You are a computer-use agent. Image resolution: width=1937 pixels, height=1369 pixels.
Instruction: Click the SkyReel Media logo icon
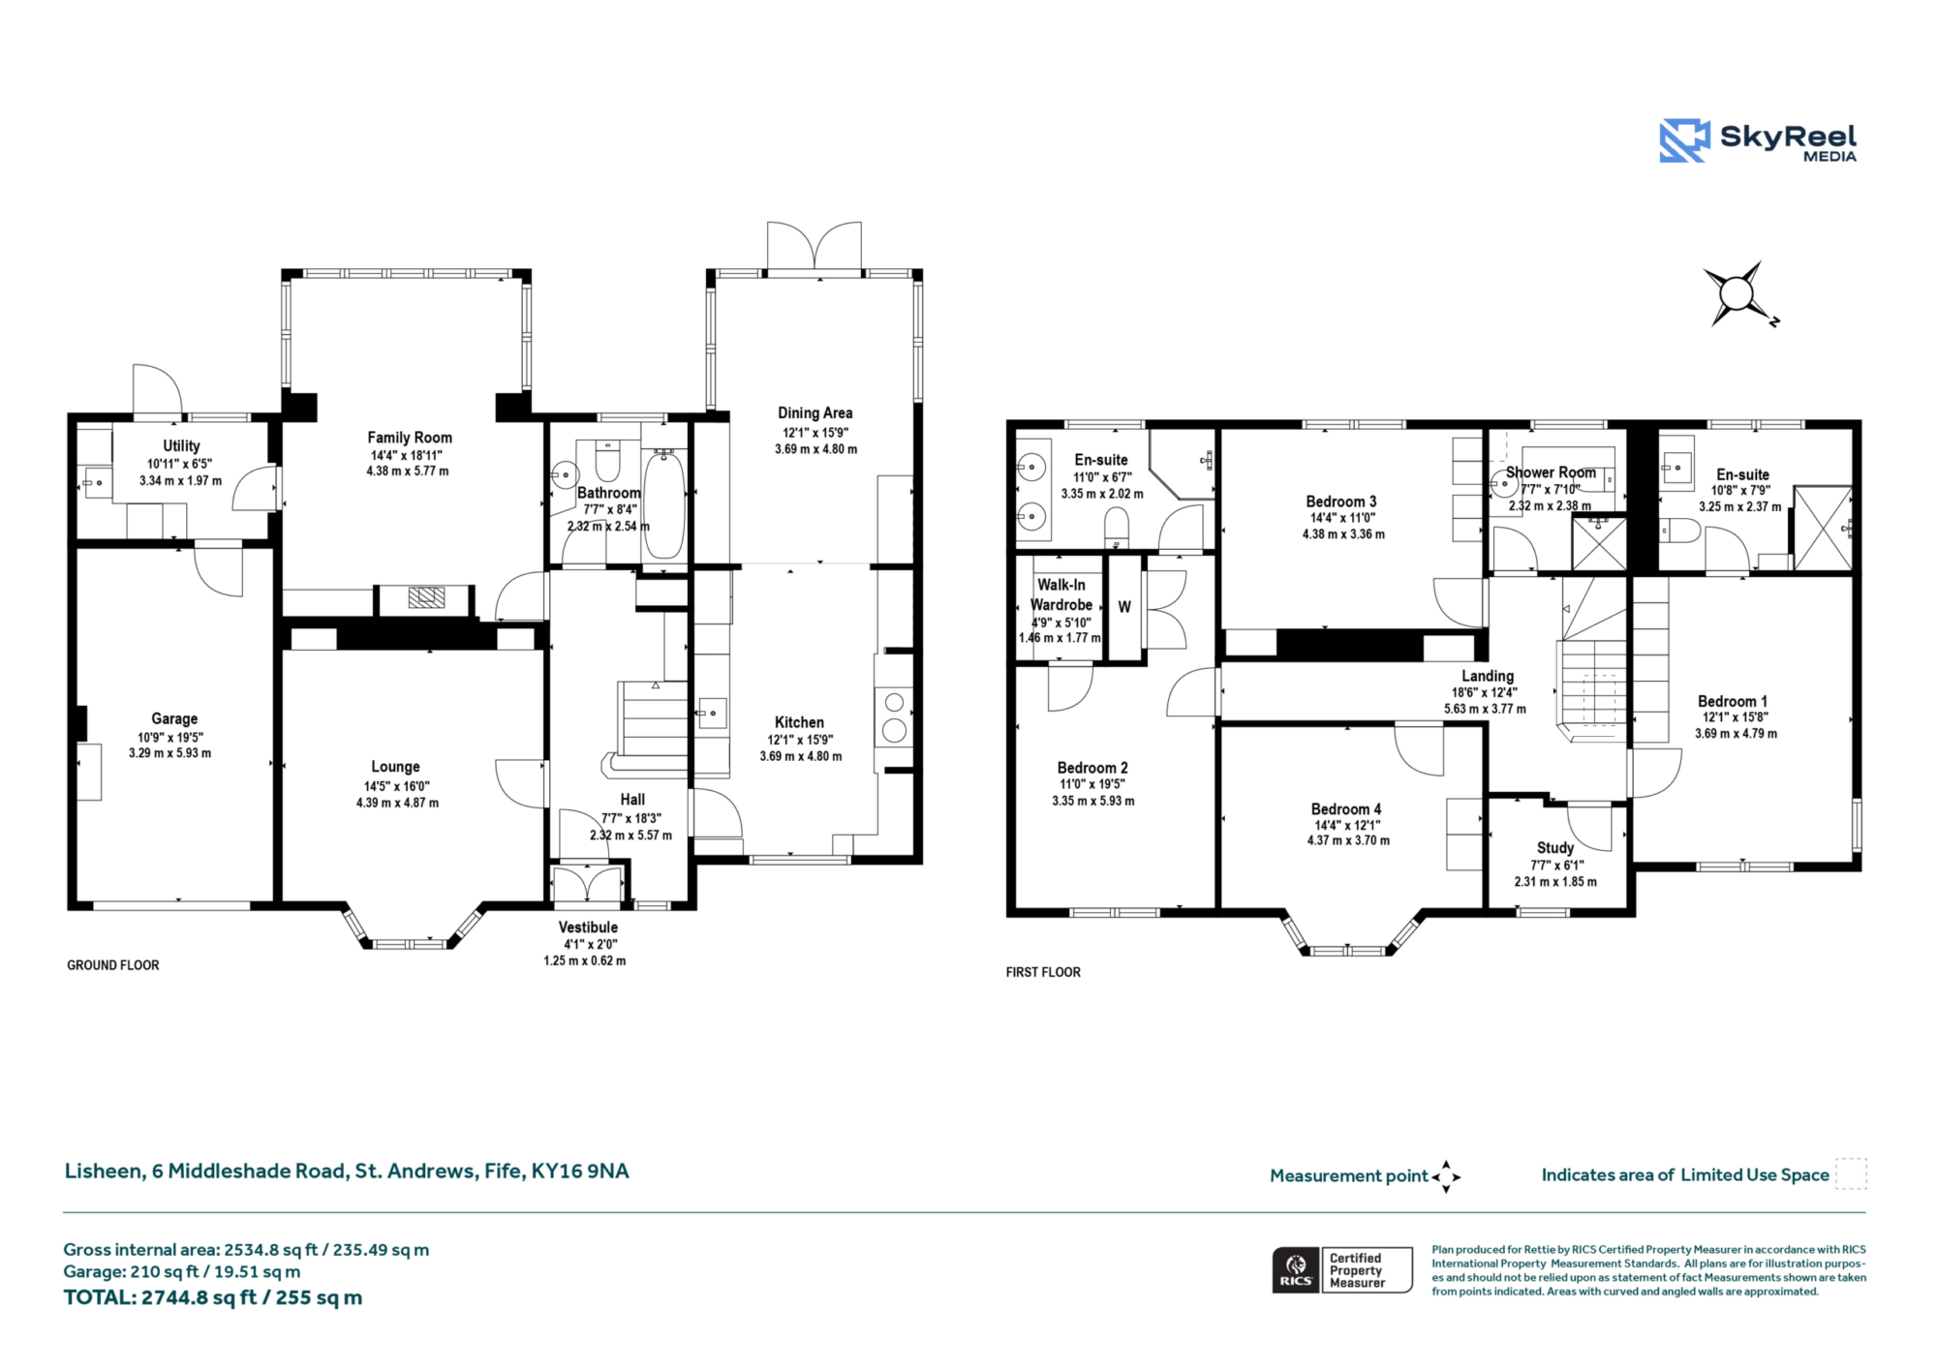coord(1684,140)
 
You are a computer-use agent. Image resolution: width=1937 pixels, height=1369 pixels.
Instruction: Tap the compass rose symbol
coord(1738,293)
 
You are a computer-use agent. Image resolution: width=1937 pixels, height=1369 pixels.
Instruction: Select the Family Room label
coord(410,438)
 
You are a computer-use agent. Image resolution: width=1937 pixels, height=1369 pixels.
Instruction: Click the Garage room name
coord(174,718)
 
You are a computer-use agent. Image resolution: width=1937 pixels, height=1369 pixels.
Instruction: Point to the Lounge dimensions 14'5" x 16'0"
coord(396,786)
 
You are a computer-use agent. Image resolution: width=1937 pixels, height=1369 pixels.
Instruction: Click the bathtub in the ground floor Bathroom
coord(664,503)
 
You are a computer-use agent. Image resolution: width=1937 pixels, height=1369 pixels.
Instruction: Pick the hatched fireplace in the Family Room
coord(426,597)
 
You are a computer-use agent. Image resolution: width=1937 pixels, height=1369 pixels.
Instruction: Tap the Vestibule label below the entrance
coord(588,928)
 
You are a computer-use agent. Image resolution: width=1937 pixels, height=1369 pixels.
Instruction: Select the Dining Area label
coord(815,412)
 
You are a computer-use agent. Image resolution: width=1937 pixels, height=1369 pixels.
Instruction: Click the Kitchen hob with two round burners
coord(894,716)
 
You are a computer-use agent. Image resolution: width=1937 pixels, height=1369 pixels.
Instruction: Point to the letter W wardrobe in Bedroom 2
coord(1124,607)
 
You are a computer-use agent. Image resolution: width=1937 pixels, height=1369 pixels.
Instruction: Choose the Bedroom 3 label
coord(1341,502)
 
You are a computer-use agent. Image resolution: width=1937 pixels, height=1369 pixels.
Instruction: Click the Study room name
coord(1555,848)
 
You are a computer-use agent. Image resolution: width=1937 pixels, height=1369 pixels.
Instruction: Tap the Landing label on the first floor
coord(1488,676)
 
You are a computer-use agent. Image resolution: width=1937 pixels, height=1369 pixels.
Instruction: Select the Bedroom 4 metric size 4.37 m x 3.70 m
coord(1348,840)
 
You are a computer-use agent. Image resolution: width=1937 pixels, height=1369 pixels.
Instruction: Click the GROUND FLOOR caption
coord(113,965)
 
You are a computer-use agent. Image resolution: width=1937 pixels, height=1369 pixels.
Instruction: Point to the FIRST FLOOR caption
coord(1043,972)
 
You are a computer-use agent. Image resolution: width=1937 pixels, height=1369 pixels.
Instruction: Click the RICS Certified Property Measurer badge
coord(1342,1270)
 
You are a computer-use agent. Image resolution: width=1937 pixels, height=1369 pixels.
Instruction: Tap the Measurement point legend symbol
coord(1446,1176)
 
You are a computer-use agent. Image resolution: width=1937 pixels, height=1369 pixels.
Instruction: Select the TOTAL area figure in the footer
coord(213,1297)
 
